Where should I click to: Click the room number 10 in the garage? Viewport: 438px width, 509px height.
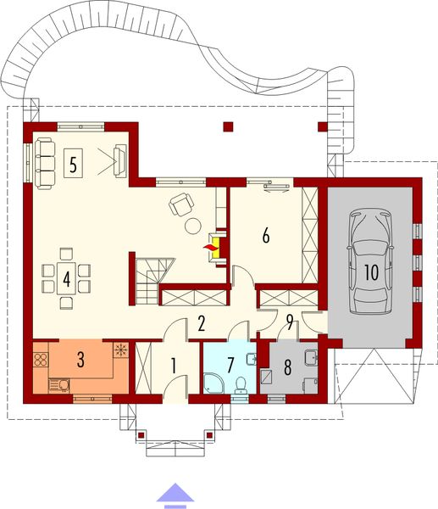click(x=370, y=271)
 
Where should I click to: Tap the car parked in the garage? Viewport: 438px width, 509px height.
click(x=370, y=262)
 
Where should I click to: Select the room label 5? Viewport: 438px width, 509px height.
click(x=74, y=164)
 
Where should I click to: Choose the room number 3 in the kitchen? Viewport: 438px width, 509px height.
click(x=80, y=359)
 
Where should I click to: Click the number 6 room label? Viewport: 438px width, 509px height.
click(x=266, y=236)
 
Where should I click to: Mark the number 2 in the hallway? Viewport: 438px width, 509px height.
click(x=201, y=322)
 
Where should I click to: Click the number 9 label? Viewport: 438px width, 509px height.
click(x=290, y=322)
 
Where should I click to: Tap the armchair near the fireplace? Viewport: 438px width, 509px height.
click(x=180, y=204)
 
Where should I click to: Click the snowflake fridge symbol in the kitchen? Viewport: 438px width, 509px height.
click(x=119, y=349)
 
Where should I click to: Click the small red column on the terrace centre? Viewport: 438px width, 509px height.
click(x=226, y=128)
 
